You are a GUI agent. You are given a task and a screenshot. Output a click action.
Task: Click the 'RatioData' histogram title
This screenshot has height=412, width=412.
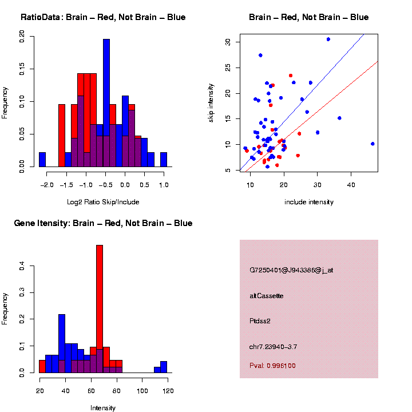coord(103,17)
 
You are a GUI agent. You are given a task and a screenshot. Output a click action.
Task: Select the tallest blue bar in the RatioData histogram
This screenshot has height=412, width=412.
coord(106,103)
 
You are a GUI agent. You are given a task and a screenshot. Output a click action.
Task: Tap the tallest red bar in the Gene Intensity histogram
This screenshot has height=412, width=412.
coord(100,309)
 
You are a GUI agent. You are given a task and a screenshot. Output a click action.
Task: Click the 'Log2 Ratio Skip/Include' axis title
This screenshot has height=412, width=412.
coord(103,202)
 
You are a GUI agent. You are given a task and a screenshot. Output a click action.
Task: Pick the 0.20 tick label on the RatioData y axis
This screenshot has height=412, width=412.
coord(22,37)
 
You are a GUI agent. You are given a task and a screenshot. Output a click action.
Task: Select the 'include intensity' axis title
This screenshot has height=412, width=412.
coord(309,202)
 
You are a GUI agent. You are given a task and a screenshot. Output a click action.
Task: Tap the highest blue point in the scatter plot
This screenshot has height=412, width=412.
coord(328,39)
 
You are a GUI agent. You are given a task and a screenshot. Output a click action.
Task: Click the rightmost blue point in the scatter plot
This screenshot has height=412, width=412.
coord(373,144)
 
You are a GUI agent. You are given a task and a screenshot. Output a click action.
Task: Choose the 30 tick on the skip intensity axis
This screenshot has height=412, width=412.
coord(227,42)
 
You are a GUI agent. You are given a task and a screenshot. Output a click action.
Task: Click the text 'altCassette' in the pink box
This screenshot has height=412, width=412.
coord(267,296)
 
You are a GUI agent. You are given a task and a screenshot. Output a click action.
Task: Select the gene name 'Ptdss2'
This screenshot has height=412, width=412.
coord(260,321)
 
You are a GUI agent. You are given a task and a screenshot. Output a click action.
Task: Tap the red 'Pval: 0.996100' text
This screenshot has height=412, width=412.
coord(272,366)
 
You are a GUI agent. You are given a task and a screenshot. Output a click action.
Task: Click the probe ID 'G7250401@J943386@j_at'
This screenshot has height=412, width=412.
coord(291,270)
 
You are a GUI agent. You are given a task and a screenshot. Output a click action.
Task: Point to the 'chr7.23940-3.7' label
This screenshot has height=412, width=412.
coord(274,347)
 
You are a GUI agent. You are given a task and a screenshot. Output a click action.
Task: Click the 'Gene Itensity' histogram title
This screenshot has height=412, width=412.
coord(103,223)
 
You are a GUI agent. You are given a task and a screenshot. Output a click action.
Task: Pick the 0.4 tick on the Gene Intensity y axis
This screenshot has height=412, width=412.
coord(22,266)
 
